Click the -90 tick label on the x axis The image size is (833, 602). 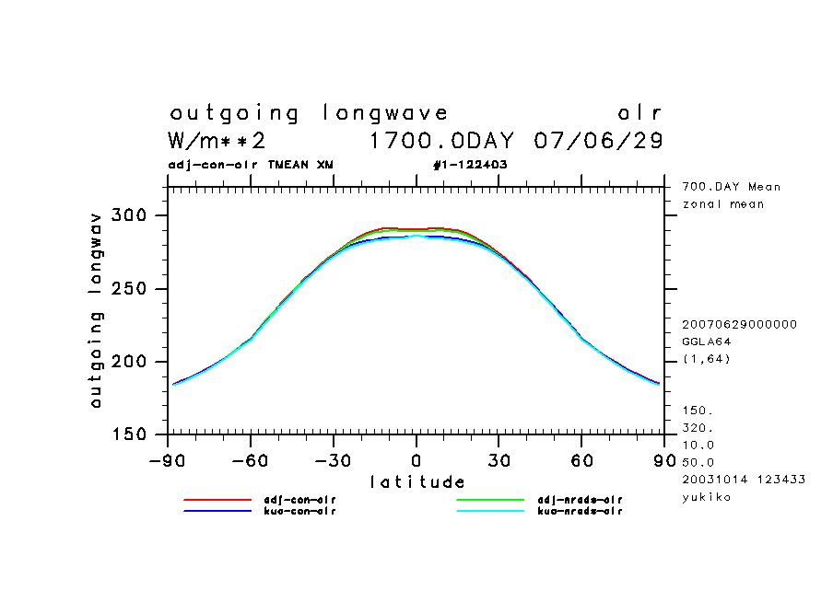pos(166,460)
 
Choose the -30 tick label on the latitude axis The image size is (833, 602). pos(333,460)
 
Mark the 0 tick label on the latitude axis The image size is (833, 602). pos(416,460)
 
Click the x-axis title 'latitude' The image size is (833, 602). pos(417,481)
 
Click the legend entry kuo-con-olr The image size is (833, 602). pos(295,511)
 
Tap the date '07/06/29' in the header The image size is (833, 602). pos(598,141)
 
